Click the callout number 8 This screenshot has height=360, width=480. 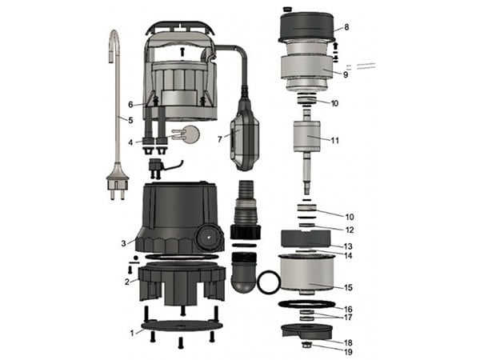point(346,27)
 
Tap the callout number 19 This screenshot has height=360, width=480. point(348,352)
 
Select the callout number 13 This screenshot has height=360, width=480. point(348,246)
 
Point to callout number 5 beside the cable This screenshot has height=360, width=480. point(130,120)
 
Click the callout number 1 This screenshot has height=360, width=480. point(132,333)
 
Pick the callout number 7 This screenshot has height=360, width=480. point(219,139)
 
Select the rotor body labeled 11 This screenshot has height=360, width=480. point(306,136)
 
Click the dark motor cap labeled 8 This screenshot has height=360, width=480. point(306,27)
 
